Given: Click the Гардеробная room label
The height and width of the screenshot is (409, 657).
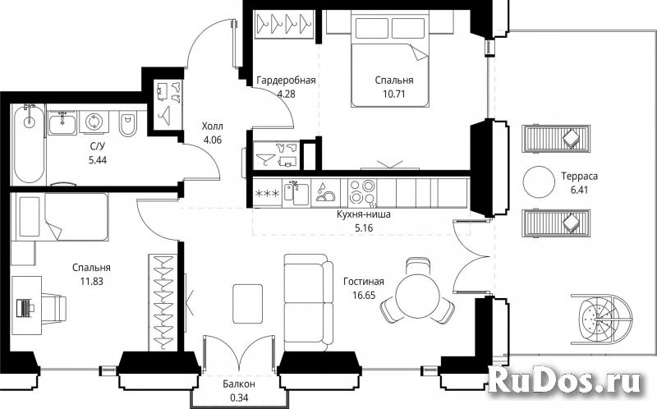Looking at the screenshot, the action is click(286, 80).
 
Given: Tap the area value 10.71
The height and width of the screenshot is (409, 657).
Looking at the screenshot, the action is click(394, 94).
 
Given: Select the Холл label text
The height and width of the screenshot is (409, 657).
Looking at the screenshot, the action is click(213, 126).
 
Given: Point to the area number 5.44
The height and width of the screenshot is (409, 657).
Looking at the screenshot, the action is click(98, 160).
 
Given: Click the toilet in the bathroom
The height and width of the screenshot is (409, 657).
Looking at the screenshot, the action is click(127, 125).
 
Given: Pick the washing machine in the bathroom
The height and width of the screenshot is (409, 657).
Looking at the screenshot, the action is click(94, 122).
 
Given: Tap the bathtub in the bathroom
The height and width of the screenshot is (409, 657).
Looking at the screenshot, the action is click(29, 145).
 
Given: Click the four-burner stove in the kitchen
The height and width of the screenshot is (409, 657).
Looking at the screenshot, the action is click(362, 191).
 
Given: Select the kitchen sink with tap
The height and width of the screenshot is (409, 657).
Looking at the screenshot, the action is click(296, 192).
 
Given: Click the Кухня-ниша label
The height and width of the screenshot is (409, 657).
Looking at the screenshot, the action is click(364, 214).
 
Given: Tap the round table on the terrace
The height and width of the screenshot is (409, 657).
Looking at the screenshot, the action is click(540, 182).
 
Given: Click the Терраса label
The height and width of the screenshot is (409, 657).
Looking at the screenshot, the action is click(580, 176).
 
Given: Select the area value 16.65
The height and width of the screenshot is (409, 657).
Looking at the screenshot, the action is click(364, 296).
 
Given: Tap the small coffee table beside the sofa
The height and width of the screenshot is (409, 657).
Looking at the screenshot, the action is click(248, 304).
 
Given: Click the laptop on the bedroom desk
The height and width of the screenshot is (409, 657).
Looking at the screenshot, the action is click(25, 308).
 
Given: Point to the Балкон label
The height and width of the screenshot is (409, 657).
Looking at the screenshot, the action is click(239, 384).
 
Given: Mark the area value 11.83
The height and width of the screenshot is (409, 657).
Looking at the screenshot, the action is click(92, 281).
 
